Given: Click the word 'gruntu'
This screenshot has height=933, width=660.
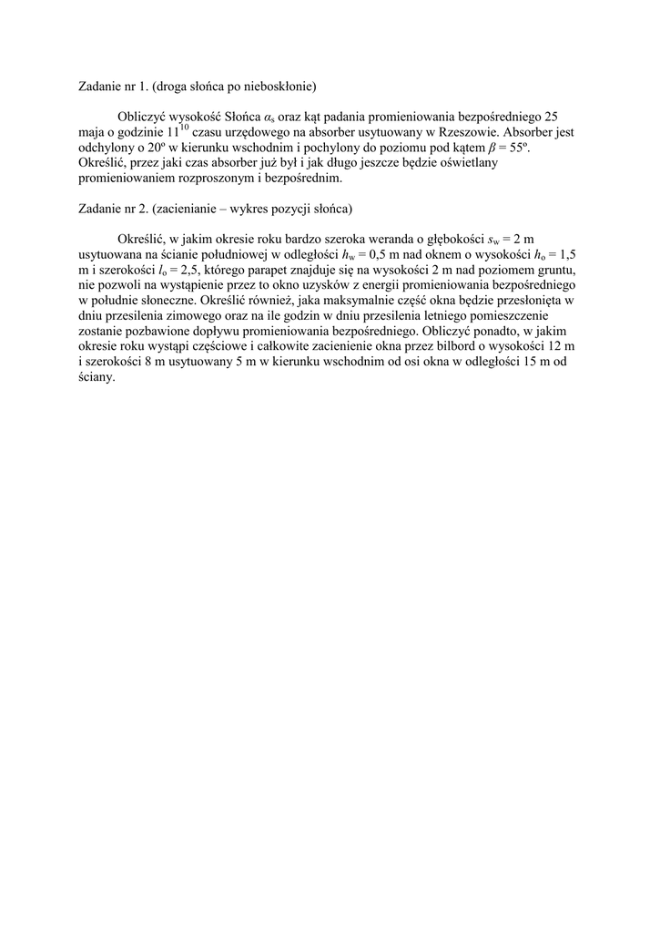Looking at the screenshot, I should click(x=553, y=271).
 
